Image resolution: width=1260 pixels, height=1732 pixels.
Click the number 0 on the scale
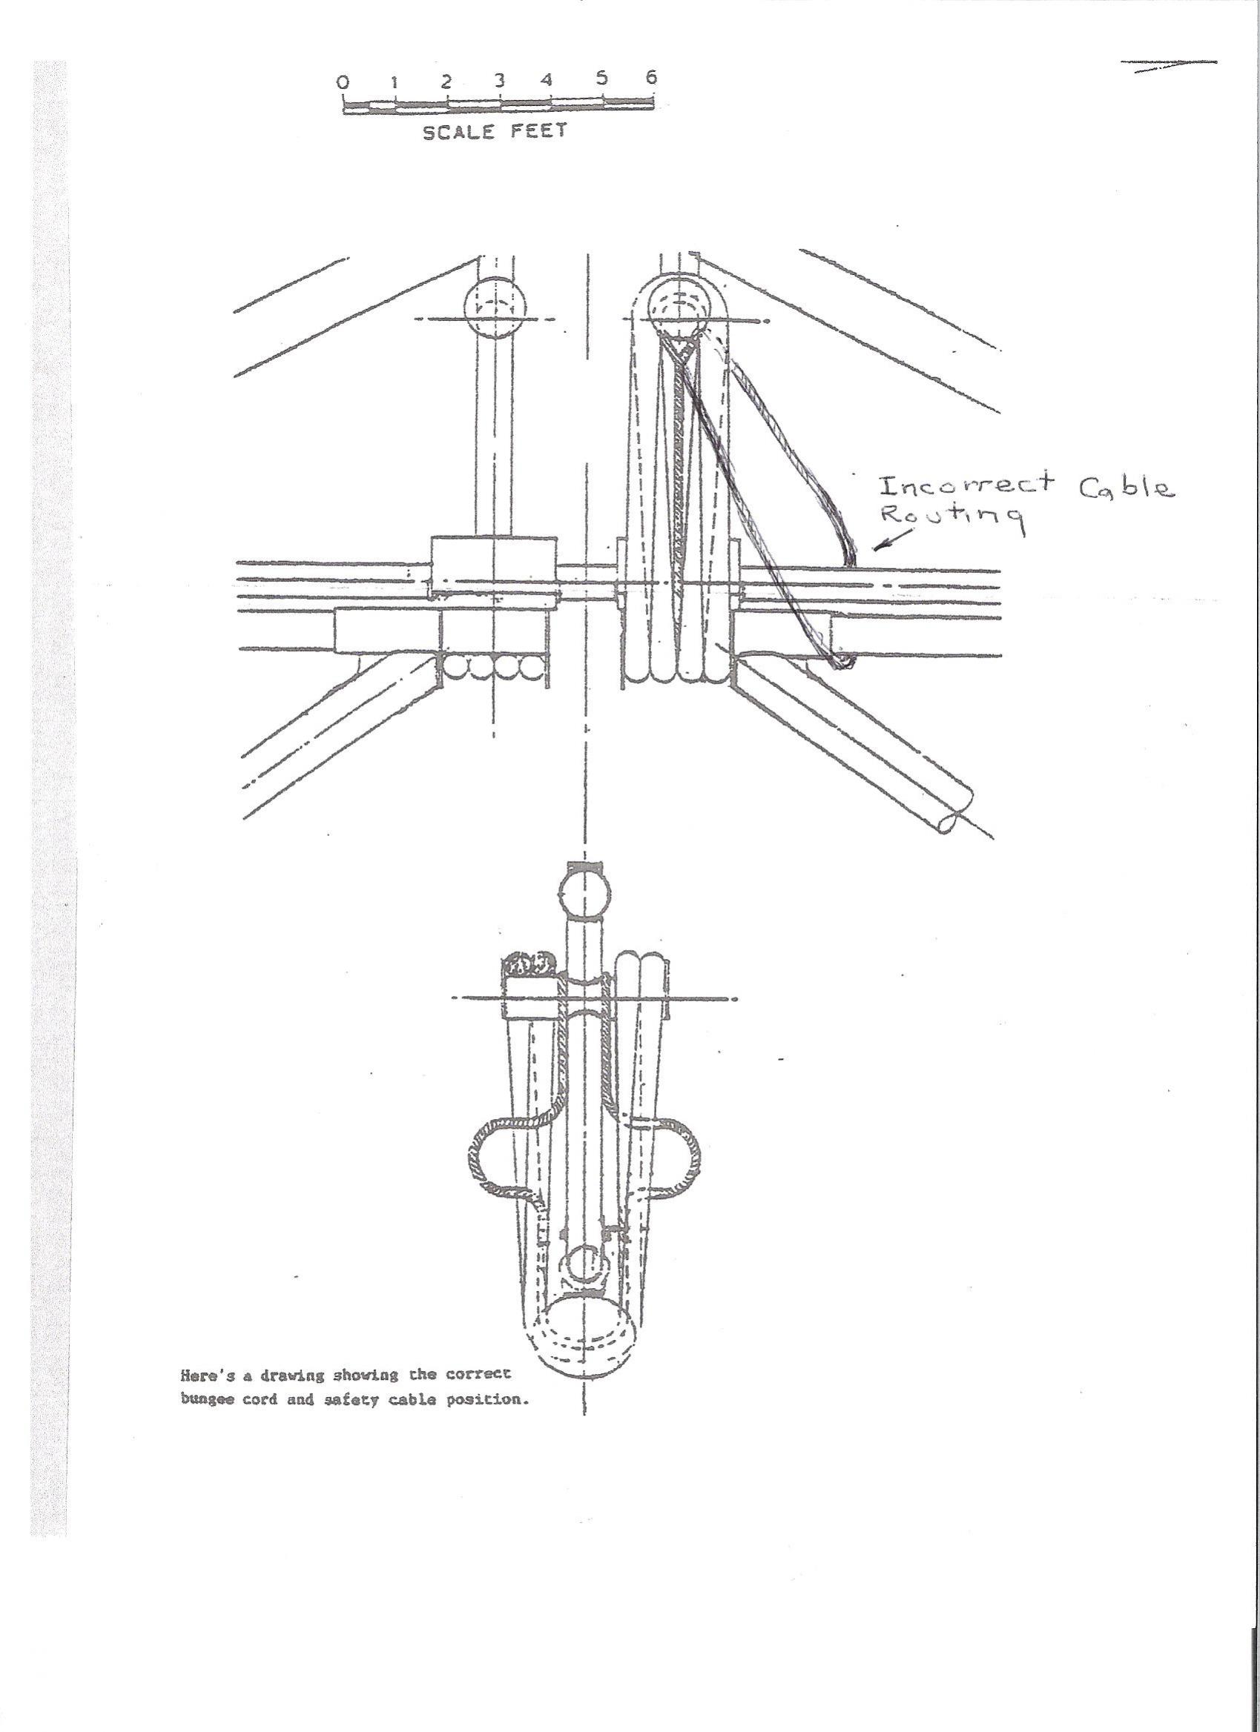(345, 81)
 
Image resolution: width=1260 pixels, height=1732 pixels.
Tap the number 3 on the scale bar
(499, 79)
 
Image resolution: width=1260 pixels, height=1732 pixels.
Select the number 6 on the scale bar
(651, 77)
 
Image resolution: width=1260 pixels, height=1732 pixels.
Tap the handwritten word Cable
(1127, 486)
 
